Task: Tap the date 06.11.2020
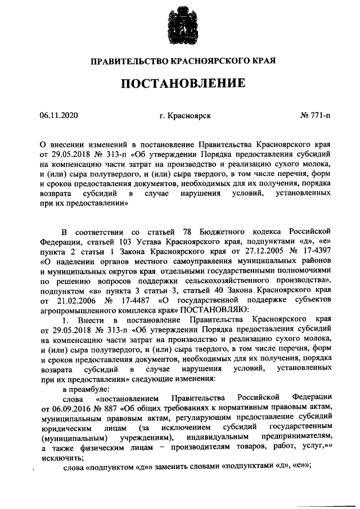pyautogui.click(x=58, y=116)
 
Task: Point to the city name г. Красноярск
pyautogui.click(x=185, y=116)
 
